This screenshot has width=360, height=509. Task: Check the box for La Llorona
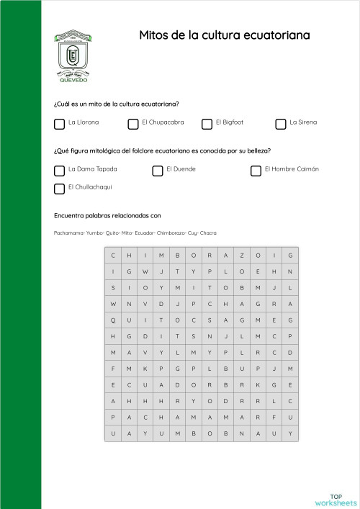[x=59, y=124]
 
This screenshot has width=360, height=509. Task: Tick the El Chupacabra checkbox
[x=133, y=124]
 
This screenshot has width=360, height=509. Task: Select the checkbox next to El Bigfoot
[x=207, y=124]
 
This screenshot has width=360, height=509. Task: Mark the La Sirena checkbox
[x=281, y=124]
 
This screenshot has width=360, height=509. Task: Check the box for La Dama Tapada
[x=59, y=171]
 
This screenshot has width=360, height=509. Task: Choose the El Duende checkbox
[x=158, y=171]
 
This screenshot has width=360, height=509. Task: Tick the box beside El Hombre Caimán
[x=256, y=171]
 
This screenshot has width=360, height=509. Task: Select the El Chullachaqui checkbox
[x=59, y=189]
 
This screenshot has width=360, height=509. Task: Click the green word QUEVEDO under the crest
[x=72, y=81]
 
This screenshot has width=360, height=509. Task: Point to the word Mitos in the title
[x=153, y=35]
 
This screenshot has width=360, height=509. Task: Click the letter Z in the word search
[x=241, y=256]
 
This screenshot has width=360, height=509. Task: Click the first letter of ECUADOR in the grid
[x=113, y=385]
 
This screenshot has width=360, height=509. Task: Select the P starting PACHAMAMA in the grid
[x=113, y=418]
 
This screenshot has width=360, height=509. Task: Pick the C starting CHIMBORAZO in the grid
[x=113, y=256]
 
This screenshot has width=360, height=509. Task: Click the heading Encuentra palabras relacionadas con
[x=107, y=215]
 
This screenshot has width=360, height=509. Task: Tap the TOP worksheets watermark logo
[x=336, y=499]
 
